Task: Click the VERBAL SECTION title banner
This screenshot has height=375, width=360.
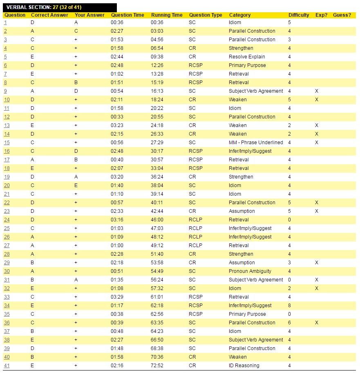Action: (x=59, y=7)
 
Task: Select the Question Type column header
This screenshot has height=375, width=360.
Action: (x=206, y=15)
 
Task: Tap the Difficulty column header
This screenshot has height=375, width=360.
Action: (x=299, y=15)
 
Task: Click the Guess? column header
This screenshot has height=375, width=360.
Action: (x=342, y=15)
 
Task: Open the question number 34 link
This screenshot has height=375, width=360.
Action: (x=7, y=306)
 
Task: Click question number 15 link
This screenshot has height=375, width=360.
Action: (x=7, y=143)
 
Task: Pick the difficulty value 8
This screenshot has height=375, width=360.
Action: (x=290, y=306)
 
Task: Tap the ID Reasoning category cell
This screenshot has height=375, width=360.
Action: (x=244, y=366)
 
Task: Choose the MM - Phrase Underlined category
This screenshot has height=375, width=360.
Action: (x=256, y=143)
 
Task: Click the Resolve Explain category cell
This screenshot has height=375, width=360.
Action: (x=247, y=57)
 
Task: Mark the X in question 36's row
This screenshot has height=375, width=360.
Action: (x=317, y=323)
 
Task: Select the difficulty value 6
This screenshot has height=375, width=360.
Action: (x=290, y=323)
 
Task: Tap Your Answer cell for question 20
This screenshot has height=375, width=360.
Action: (x=76, y=185)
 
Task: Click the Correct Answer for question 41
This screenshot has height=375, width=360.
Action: (x=32, y=366)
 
